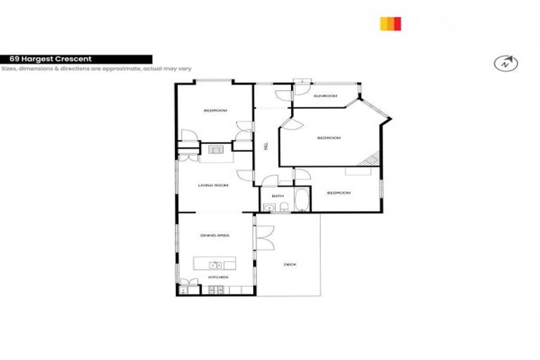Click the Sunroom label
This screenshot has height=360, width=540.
[x=325, y=96]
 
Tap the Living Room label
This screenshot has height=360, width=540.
[x=214, y=186]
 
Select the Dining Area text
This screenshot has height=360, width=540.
[x=214, y=236]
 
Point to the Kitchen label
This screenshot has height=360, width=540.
[x=218, y=278]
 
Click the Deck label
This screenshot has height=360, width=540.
[x=290, y=264]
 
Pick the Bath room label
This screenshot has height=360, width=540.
[x=277, y=196]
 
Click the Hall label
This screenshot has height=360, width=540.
[x=265, y=146]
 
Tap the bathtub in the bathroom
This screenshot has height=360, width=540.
[x=301, y=200]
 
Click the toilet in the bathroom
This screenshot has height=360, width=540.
[x=281, y=207]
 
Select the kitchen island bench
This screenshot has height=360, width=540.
[x=215, y=264]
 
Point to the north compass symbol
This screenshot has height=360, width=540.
[x=506, y=63]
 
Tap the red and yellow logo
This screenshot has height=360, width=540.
[x=390, y=24]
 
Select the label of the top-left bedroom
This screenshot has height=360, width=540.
[x=215, y=110]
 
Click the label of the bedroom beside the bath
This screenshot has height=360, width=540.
[x=338, y=193]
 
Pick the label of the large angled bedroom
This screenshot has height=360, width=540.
[x=328, y=138]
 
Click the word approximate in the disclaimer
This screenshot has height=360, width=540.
[x=110, y=69]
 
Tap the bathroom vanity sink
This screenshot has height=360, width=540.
[x=269, y=207]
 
